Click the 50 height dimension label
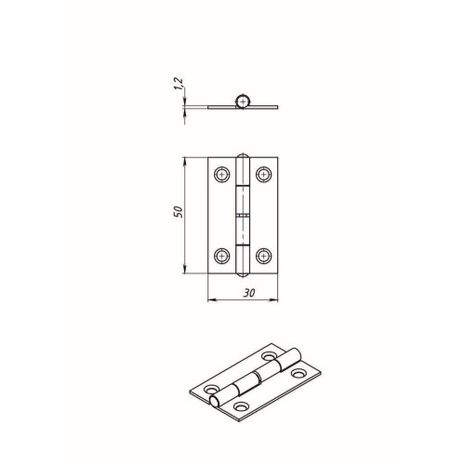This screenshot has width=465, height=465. (179, 212)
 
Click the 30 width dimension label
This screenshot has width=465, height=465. (249, 293)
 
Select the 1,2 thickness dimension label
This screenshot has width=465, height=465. (179, 84)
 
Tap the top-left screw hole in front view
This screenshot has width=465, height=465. (222, 175)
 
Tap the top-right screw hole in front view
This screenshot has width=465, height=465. (264, 175)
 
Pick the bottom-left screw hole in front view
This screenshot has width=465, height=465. (222, 256)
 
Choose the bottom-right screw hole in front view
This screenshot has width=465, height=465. (264, 256)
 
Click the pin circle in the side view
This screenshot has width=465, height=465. (243, 101)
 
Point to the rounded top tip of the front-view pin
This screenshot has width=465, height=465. (243, 153)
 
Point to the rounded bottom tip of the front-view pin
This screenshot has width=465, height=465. (243, 276)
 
